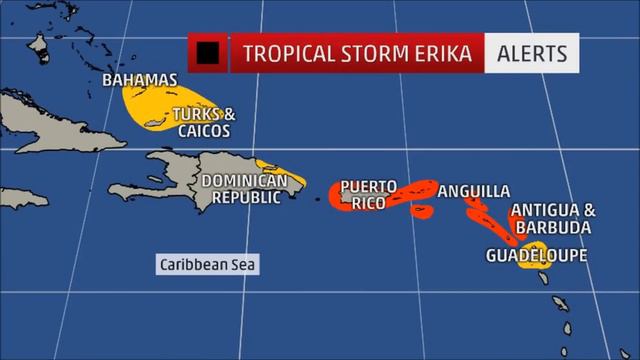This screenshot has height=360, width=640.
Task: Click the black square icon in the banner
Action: [x=209, y=52]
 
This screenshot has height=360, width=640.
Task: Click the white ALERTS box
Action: [x=532, y=52]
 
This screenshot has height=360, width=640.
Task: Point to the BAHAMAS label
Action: [x=140, y=80]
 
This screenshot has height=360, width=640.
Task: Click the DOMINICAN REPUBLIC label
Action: [x=251, y=189]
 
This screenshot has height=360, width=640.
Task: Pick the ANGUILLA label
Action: [x=474, y=191]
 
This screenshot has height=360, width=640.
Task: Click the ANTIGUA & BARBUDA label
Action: [x=553, y=219]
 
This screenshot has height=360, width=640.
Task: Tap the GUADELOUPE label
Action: [x=536, y=256]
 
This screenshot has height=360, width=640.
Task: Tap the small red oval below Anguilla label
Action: [x=422, y=211]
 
